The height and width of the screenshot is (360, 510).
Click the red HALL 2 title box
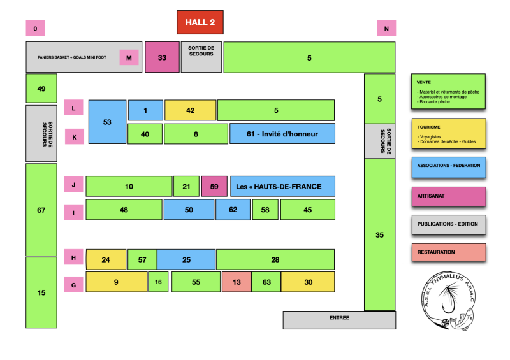(x=200, y=22)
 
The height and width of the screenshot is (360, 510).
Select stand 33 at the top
(x=162, y=57)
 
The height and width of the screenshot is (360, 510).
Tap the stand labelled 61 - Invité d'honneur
(x=282, y=134)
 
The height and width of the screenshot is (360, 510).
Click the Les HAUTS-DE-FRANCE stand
(x=282, y=186)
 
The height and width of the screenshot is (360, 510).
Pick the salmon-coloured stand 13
(x=236, y=282)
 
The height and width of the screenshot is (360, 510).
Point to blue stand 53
(x=107, y=121)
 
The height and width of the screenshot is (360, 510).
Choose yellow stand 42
(x=190, y=110)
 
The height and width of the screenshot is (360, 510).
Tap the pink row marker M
(x=129, y=58)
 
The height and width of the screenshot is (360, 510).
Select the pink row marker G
(x=73, y=285)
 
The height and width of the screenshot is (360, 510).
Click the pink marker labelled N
(x=386, y=28)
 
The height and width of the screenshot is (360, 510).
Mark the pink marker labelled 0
(x=35, y=28)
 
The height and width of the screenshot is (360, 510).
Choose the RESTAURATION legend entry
(x=449, y=252)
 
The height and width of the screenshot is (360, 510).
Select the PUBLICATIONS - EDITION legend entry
(x=449, y=224)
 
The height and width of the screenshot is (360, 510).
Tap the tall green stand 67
(x=41, y=210)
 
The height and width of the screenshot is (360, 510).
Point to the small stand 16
(x=158, y=282)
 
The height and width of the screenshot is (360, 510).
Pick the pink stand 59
(x=214, y=186)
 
